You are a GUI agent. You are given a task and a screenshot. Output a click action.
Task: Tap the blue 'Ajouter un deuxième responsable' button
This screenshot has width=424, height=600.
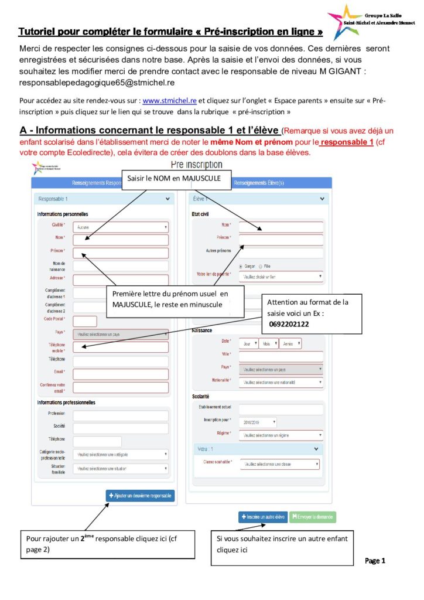(x=141, y=496)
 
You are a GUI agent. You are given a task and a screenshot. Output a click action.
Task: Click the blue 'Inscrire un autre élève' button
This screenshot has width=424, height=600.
(x=262, y=517)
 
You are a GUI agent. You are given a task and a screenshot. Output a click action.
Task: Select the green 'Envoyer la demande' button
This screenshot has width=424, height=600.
(x=313, y=517)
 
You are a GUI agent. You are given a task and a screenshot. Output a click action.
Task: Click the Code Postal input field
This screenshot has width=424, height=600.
(x=85, y=321)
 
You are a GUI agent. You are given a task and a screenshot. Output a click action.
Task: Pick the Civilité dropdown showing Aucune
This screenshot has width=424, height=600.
(x=121, y=226)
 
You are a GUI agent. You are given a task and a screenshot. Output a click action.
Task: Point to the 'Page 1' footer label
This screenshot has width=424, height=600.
(x=375, y=561)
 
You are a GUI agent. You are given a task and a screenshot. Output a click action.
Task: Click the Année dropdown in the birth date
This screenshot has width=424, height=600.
(x=290, y=344)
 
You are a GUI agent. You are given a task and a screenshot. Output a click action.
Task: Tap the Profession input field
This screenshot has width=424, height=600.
(x=121, y=415)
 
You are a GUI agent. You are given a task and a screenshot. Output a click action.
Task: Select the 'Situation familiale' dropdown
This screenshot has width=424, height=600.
(x=121, y=469)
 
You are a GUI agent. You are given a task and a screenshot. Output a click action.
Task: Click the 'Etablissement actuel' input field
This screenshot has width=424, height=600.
(x=281, y=409)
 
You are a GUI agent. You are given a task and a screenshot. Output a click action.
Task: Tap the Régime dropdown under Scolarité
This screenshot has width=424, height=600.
(x=281, y=435)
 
